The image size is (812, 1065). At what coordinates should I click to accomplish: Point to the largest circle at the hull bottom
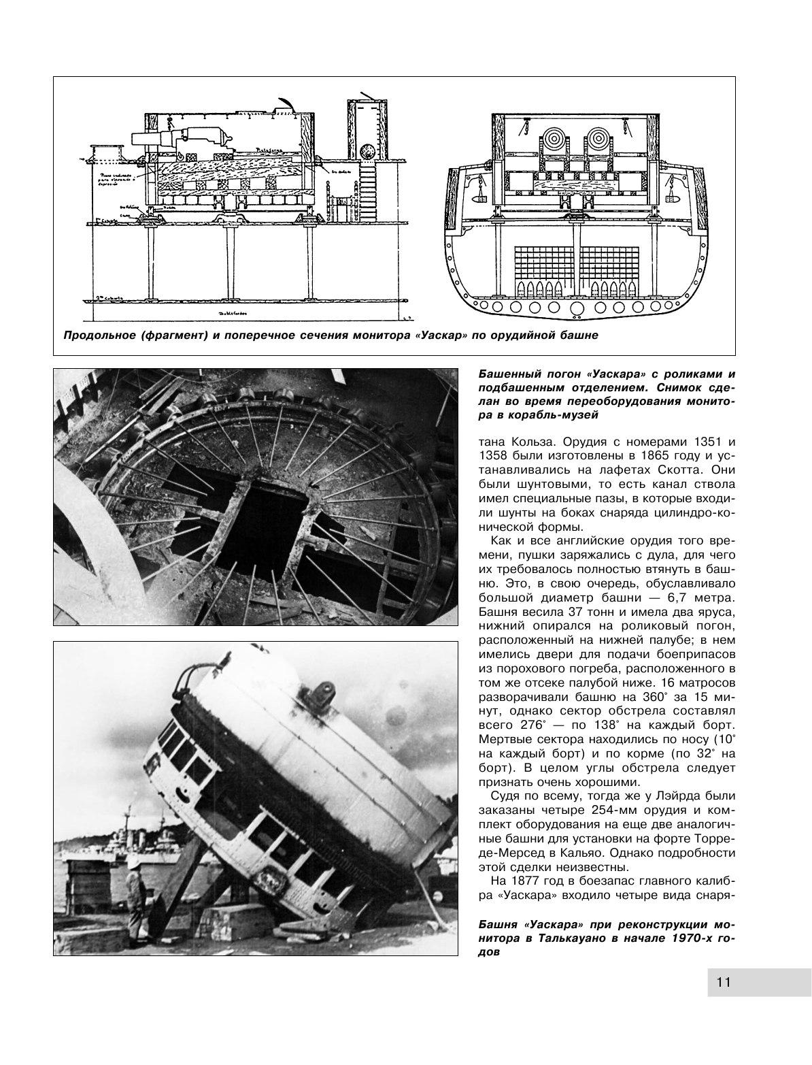577,309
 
